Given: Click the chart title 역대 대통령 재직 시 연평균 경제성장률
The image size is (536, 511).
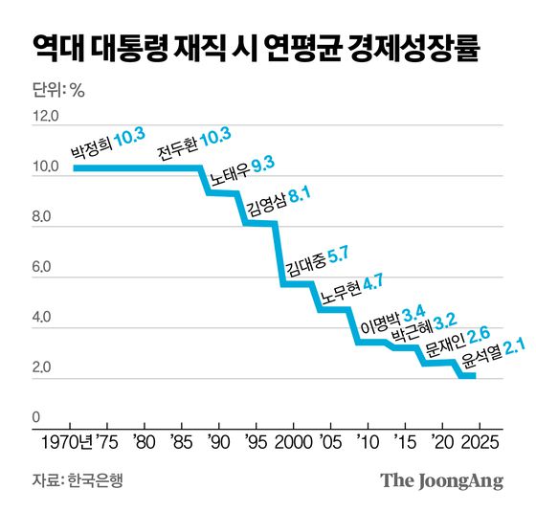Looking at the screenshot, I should [256, 46].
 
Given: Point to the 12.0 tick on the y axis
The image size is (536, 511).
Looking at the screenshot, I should [47, 117].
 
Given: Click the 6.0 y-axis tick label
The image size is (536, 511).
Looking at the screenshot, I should [47, 271].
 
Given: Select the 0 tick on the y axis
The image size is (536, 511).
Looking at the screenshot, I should [38, 418].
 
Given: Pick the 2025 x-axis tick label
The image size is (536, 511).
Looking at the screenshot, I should [474, 443].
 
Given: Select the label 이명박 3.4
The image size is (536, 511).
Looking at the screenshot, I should [391, 319].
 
